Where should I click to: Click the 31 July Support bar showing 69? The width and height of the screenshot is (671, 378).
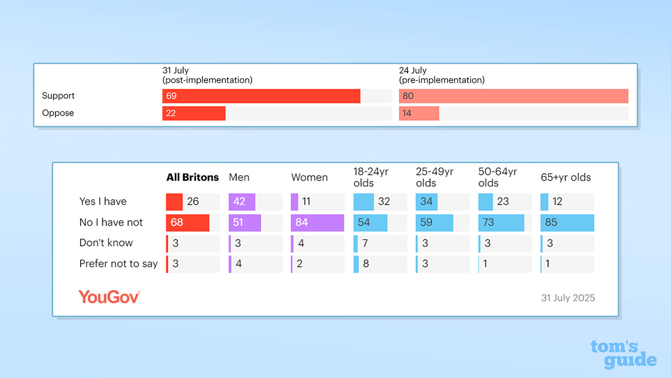[x=261, y=96]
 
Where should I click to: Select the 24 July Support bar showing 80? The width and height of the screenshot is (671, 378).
[x=513, y=96]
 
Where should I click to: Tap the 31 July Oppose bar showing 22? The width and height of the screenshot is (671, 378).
[x=194, y=113]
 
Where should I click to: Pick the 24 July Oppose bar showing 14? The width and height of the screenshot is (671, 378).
[x=419, y=113]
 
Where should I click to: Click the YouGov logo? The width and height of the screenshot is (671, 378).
[x=109, y=297]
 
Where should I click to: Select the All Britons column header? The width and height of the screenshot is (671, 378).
[x=192, y=177]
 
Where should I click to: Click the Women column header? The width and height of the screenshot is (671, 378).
[x=309, y=177]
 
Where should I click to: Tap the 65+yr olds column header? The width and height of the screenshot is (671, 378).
[x=566, y=177]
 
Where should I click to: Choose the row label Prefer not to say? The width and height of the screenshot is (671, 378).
[x=118, y=264]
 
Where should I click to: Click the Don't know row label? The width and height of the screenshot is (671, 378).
[x=106, y=243]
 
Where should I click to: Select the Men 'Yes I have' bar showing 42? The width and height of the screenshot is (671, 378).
[x=242, y=202]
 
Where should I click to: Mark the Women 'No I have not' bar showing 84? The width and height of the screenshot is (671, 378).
[x=317, y=223]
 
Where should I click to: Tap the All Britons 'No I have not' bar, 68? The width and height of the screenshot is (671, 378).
[x=188, y=223]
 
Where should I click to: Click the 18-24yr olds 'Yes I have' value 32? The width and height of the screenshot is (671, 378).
[x=384, y=202]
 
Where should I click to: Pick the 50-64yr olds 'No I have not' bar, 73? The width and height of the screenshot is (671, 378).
[x=501, y=223]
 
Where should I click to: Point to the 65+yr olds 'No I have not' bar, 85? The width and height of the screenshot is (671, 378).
[x=567, y=223]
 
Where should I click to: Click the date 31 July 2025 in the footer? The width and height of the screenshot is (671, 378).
[x=568, y=298]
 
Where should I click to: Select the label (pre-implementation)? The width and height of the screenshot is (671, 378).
[x=441, y=80]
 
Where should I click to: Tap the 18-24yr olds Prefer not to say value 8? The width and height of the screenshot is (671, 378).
[x=366, y=264]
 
